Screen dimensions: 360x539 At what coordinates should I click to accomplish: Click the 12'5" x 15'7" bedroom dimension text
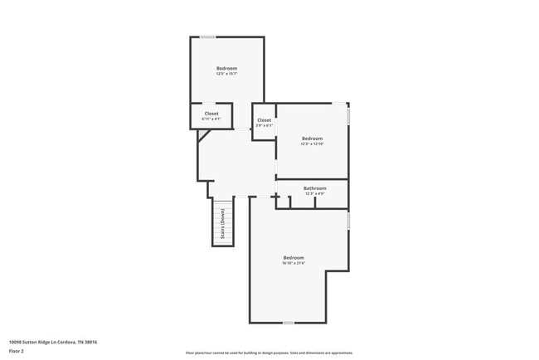[x=226, y=75]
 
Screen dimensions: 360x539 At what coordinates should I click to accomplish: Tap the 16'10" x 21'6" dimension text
[x=294, y=263]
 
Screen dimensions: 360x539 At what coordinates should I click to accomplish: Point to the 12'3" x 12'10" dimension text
[x=312, y=144]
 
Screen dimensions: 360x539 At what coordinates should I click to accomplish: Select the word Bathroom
[x=314, y=188]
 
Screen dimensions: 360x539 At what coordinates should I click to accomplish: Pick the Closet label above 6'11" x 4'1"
[x=211, y=113]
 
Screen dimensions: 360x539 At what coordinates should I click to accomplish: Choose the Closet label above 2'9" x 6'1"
[x=264, y=120]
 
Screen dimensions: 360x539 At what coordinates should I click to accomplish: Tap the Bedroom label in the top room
[x=226, y=68]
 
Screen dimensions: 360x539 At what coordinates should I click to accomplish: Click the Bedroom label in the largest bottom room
[x=294, y=257]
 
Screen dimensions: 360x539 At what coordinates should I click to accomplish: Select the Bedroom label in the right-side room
[x=312, y=138]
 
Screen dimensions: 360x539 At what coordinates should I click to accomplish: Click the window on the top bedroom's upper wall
[x=208, y=36]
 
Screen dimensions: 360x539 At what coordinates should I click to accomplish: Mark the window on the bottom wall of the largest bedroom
[x=288, y=323]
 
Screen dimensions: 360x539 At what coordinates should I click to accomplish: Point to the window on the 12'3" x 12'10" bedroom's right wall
[x=348, y=114]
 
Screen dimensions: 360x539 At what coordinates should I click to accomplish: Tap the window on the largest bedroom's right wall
[x=348, y=221]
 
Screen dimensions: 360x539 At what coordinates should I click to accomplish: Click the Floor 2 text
[x=17, y=351]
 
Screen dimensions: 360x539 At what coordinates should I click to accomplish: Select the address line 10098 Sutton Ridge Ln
[x=47, y=341]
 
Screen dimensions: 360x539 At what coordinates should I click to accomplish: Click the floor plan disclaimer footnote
[x=269, y=353]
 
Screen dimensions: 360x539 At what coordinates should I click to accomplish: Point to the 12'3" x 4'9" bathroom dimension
[x=314, y=194]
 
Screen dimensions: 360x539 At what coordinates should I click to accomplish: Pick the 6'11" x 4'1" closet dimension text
[x=211, y=119]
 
